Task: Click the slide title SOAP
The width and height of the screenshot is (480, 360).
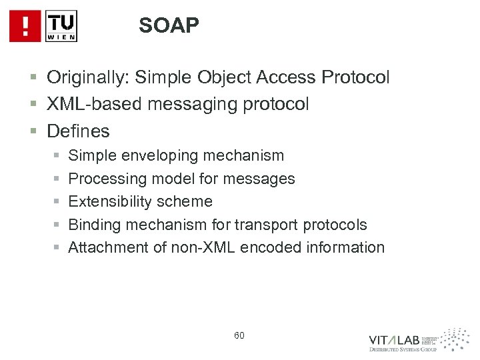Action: (169, 25)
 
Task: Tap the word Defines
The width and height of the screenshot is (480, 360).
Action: (78, 129)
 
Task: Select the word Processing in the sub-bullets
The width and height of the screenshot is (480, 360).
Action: (109, 179)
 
